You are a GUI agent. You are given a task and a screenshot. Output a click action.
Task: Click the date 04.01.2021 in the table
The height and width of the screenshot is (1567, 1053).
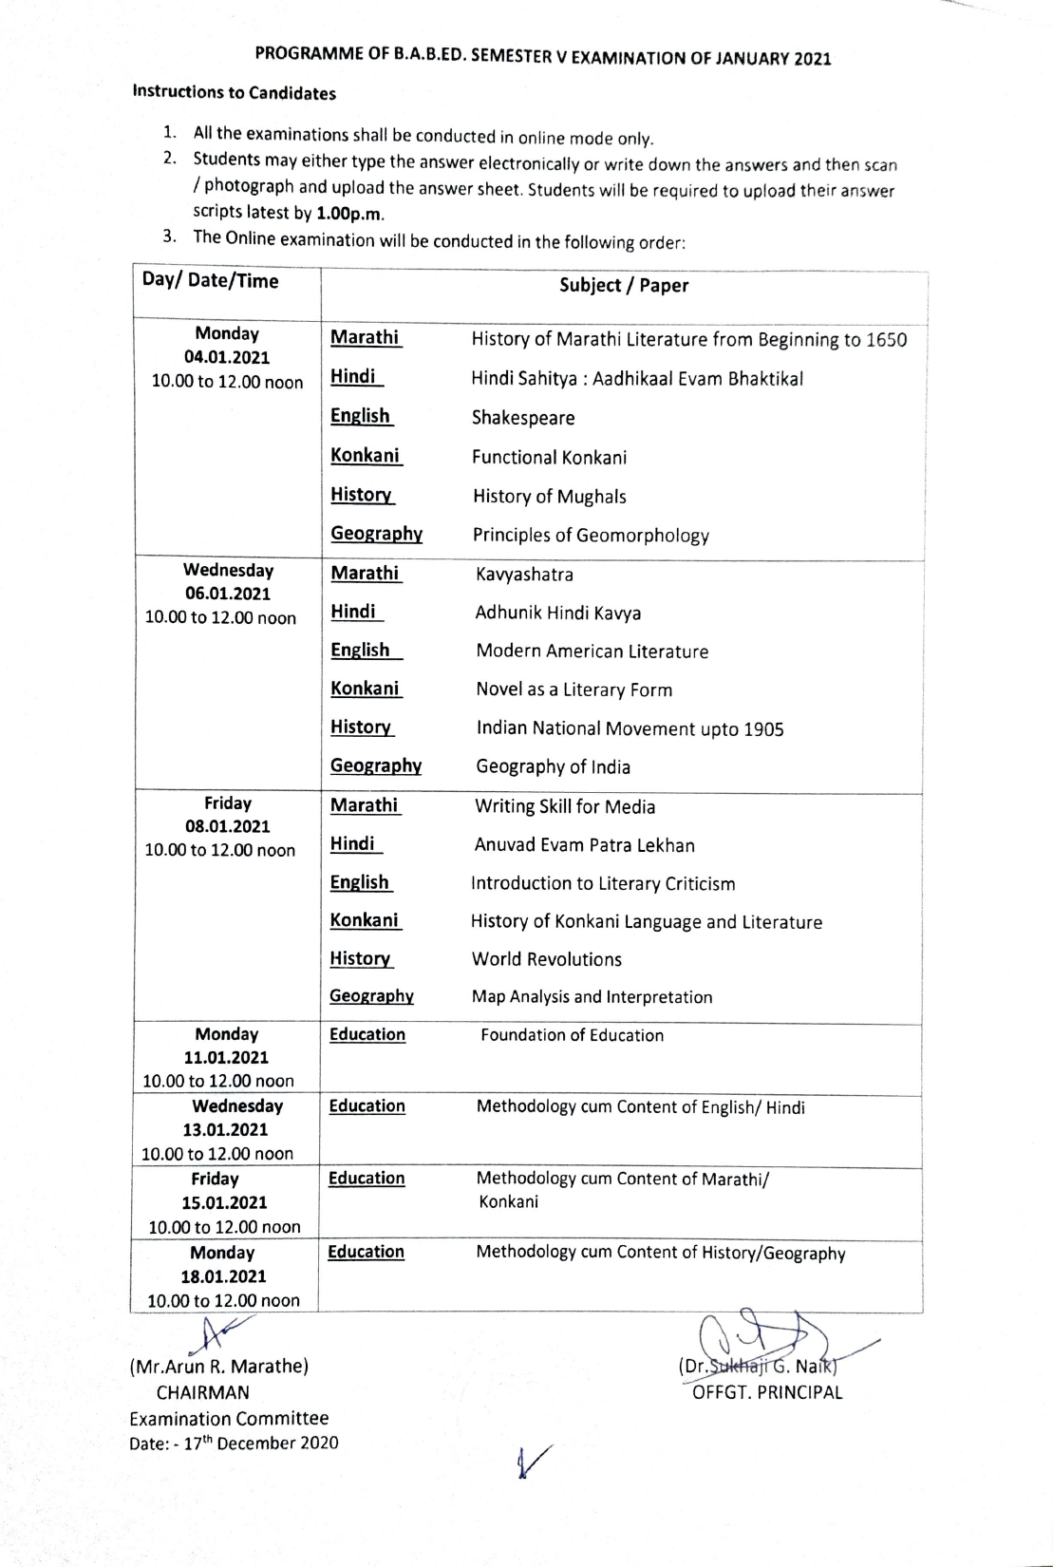click(x=227, y=358)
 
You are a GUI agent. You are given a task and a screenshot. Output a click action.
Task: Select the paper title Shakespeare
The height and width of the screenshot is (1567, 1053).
click(x=523, y=418)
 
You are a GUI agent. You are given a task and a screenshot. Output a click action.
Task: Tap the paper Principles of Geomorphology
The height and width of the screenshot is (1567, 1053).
click(x=591, y=536)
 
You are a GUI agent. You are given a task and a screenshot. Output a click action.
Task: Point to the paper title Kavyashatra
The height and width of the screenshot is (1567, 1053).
click(x=524, y=575)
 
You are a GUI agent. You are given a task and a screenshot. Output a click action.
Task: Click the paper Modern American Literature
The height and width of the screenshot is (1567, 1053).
click(x=592, y=651)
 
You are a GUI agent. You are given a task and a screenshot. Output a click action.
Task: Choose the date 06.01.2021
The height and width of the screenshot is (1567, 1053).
click(x=228, y=594)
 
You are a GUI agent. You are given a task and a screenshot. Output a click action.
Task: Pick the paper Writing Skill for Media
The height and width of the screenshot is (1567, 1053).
click(x=565, y=806)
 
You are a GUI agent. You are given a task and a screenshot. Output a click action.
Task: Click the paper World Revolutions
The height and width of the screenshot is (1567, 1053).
click(x=547, y=959)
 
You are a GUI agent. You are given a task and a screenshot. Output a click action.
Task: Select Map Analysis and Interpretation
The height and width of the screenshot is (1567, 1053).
click(x=592, y=997)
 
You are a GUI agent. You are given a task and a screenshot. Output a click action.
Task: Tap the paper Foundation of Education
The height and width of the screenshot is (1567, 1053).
click(x=572, y=1035)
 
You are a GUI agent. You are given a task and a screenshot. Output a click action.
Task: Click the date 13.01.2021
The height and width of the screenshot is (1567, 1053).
click(x=225, y=1130)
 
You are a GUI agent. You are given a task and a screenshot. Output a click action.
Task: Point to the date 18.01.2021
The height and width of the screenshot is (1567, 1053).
click(x=223, y=1277)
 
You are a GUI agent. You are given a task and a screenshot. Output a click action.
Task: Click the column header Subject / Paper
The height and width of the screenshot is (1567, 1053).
click(x=623, y=286)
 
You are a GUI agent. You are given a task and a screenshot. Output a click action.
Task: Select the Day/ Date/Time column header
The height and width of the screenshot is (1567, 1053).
click(x=210, y=280)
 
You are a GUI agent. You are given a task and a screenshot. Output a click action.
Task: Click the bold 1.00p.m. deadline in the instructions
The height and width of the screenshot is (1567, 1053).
click(x=349, y=213)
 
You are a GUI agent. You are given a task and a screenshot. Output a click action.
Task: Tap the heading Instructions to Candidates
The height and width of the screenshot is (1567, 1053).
click(x=234, y=93)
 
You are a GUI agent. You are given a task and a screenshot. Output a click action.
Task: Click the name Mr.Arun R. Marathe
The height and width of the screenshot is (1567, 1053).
click(x=218, y=1367)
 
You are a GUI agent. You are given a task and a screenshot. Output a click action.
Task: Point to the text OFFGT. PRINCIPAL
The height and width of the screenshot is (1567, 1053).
click(x=767, y=1393)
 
